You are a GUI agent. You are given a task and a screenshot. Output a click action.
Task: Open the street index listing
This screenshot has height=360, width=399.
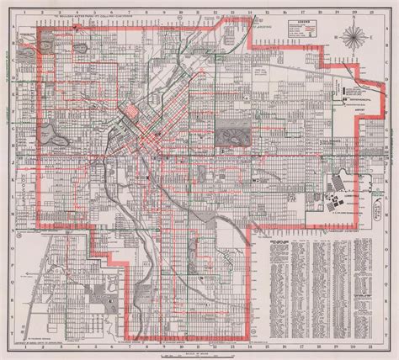coord(311,278)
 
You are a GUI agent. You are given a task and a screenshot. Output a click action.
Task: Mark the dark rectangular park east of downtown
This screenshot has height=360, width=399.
coord(228,133)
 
